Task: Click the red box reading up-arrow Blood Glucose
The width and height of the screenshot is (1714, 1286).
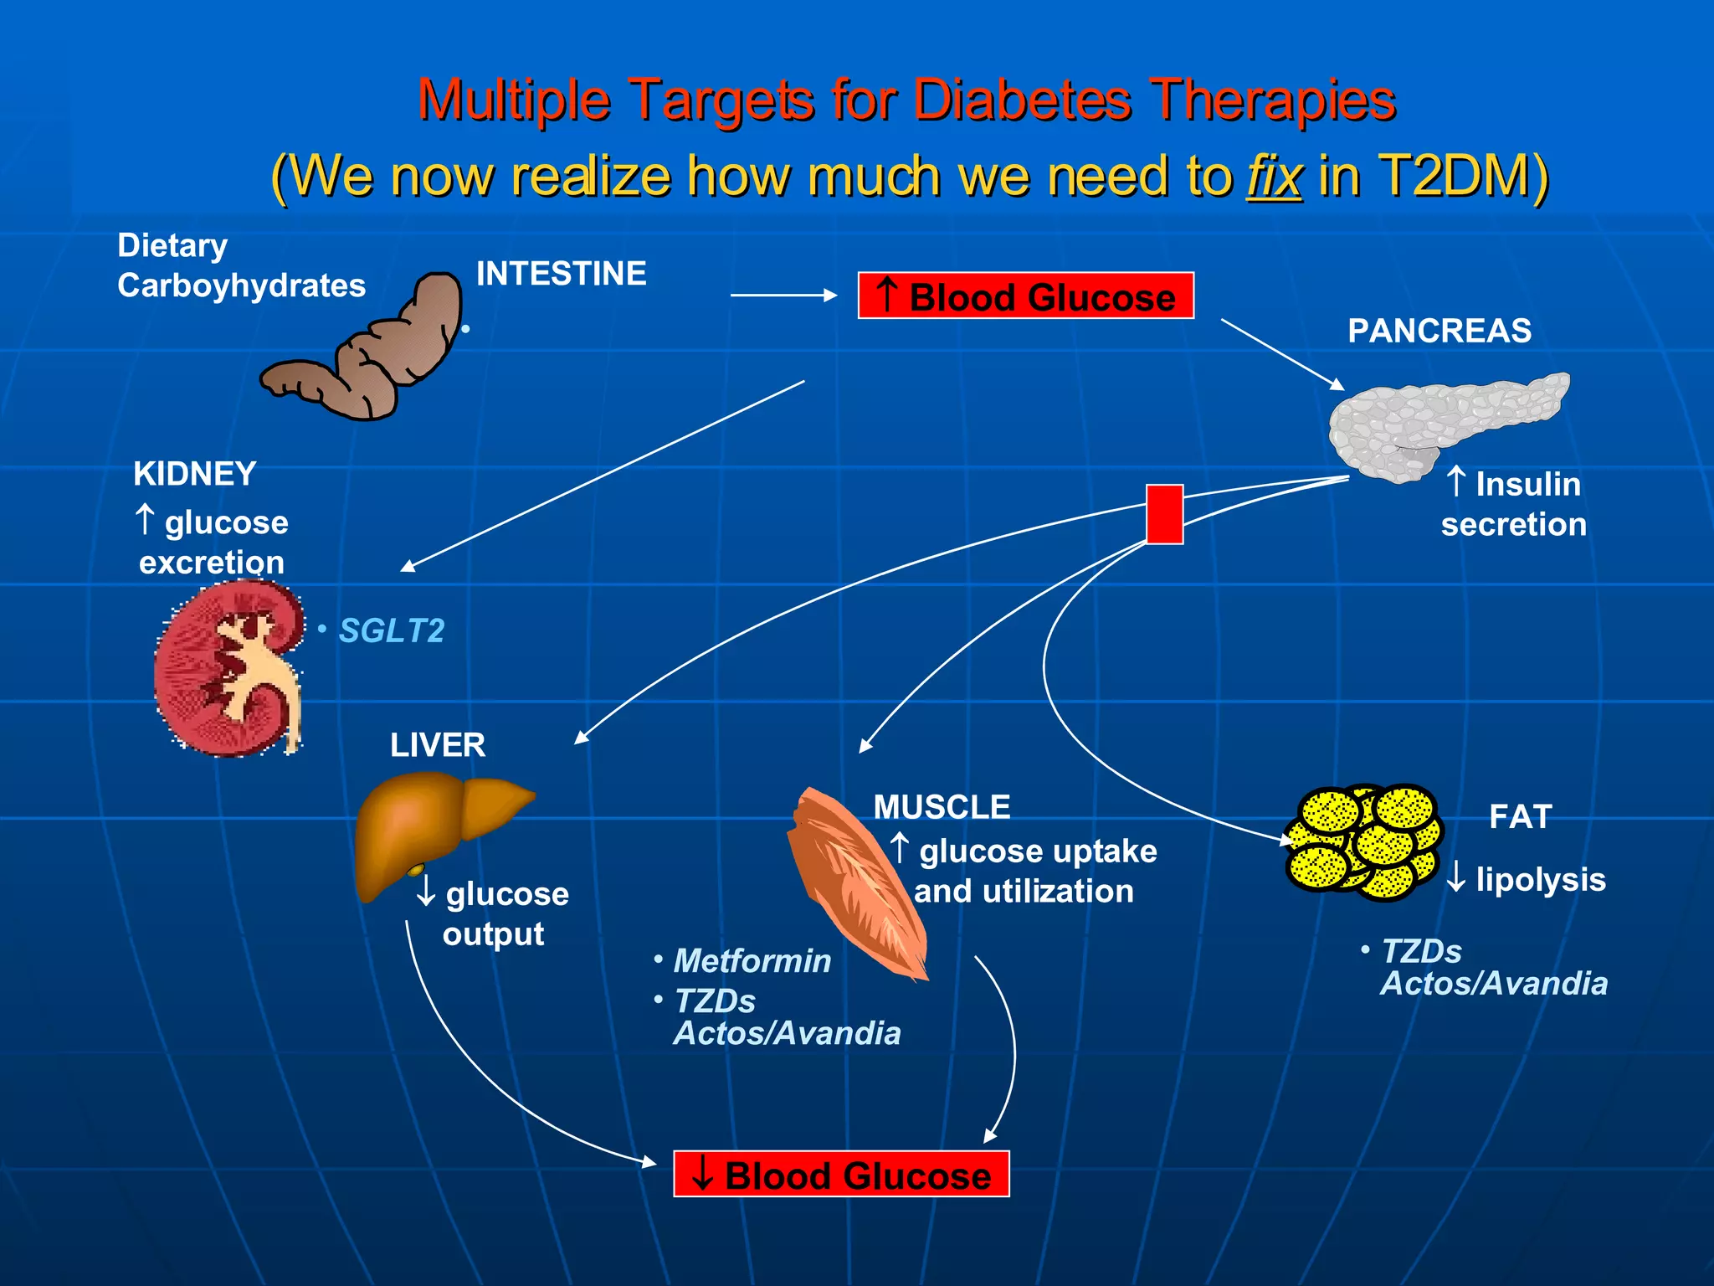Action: click(x=1025, y=296)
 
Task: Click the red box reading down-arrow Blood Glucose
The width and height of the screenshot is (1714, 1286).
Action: click(x=841, y=1174)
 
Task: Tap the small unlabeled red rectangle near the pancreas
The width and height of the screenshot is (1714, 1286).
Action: click(x=1164, y=514)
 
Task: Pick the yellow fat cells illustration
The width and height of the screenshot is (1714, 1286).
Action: click(x=1364, y=841)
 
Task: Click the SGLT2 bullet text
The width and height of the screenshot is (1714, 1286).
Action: click(x=391, y=630)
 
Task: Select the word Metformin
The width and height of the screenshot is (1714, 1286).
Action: click(x=752, y=960)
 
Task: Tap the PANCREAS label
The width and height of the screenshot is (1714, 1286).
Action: click(x=1439, y=331)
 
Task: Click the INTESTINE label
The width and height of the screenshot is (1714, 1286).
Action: click(x=561, y=274)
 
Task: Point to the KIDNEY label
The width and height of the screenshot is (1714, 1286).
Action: click(x=194, y=474)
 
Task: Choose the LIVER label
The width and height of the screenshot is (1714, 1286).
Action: click(x=437, y=745)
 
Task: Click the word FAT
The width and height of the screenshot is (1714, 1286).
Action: click(x=1520, y=816)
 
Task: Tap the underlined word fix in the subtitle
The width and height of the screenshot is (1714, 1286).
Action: click(x=1274, y=176)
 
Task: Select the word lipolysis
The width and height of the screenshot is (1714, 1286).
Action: click(x=1540, y=879)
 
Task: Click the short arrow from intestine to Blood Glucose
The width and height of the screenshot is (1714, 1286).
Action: click(x=783, y=295)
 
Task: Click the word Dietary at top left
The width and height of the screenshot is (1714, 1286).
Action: click(x=172, y=245)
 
